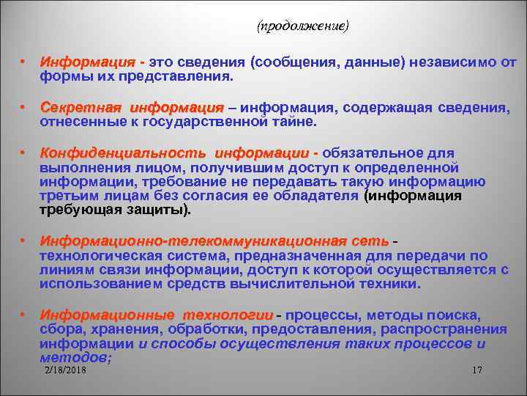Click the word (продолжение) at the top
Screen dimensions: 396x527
[303, 26]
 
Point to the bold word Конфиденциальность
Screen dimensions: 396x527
[122, 153]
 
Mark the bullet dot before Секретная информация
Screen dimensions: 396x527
[23, 107]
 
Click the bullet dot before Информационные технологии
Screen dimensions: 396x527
[23, 315]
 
